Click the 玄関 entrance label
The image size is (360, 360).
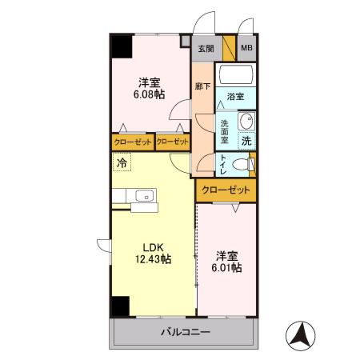[x=206, y=49]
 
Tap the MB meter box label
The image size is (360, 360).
[x=247, y=49]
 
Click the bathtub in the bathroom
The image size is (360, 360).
[x=236, y=76]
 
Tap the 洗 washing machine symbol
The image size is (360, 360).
[x=246, y=140]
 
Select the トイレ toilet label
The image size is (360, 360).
[x=223, y=163]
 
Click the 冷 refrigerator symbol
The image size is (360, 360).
[x=122, y=163]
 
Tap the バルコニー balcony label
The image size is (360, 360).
[x=185, y=331]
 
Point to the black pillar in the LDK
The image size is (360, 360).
[x=121, y=306]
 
